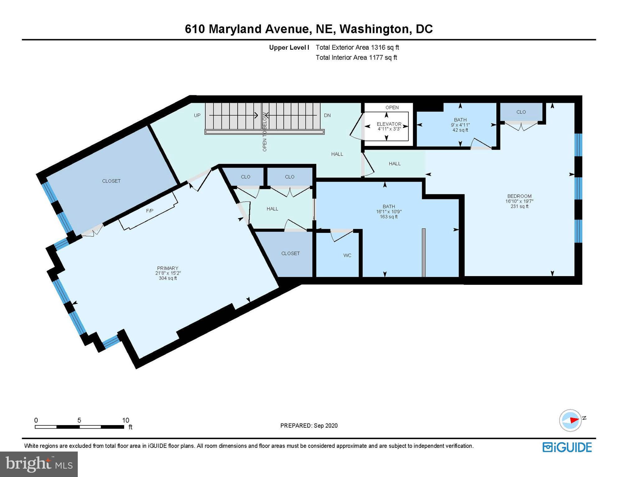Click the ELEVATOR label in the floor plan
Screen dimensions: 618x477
[389, 124]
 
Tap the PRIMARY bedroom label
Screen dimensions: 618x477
[168, 268]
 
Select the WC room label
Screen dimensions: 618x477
[347, 255]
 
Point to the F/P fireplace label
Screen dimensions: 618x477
[150, 211]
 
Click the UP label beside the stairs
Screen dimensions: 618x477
[197, 115]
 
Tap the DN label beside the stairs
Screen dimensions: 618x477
[327, 115]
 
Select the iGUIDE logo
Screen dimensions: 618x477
[567, 447]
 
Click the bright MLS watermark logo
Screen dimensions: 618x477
[39, 464]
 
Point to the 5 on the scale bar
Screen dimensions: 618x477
[79, 420]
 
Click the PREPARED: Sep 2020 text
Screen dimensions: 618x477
[309, 425]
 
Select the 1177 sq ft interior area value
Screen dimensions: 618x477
[383, 57]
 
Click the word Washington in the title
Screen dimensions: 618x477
[374, 29]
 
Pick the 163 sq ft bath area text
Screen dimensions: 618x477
[388, 216]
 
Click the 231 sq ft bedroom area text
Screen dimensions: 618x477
[519, 206]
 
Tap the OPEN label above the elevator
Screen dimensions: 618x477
[392, 107]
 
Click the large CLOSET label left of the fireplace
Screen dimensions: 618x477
[111, 181]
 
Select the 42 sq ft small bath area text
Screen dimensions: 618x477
[460, 130]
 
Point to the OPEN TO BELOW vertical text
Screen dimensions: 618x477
[265, 132]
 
